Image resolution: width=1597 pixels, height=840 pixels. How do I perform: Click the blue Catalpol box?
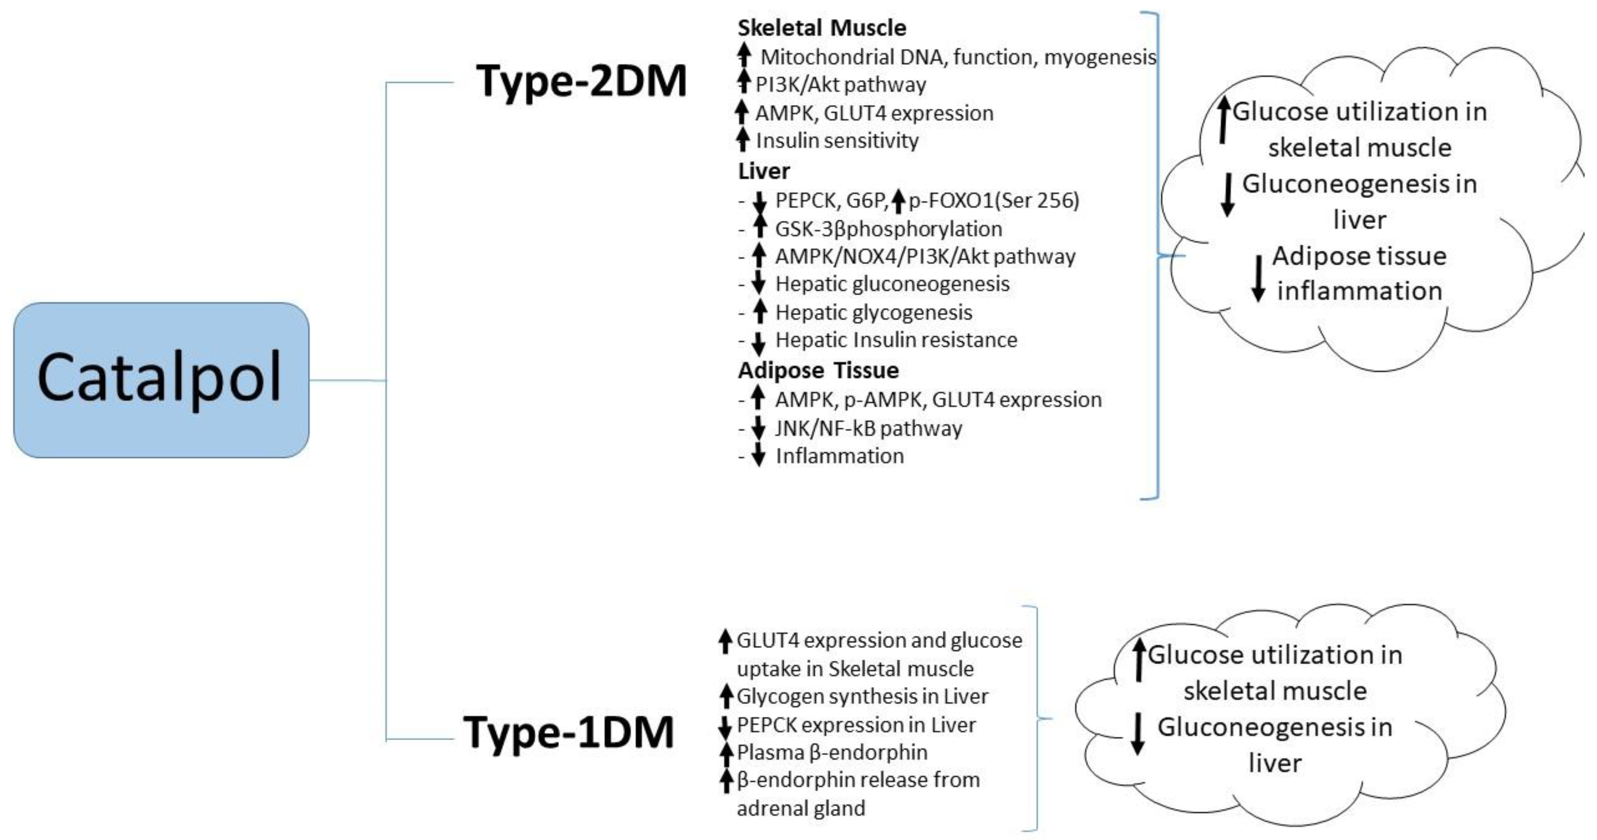tap(161, 380)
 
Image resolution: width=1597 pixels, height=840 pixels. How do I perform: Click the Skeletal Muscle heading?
tap(821, 28)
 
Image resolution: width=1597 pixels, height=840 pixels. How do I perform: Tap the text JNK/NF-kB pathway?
tap(868, 428)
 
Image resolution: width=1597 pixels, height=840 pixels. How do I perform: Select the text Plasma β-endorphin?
tap(832, 753)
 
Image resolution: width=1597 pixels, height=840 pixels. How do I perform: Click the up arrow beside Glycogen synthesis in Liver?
tap(726, 696)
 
